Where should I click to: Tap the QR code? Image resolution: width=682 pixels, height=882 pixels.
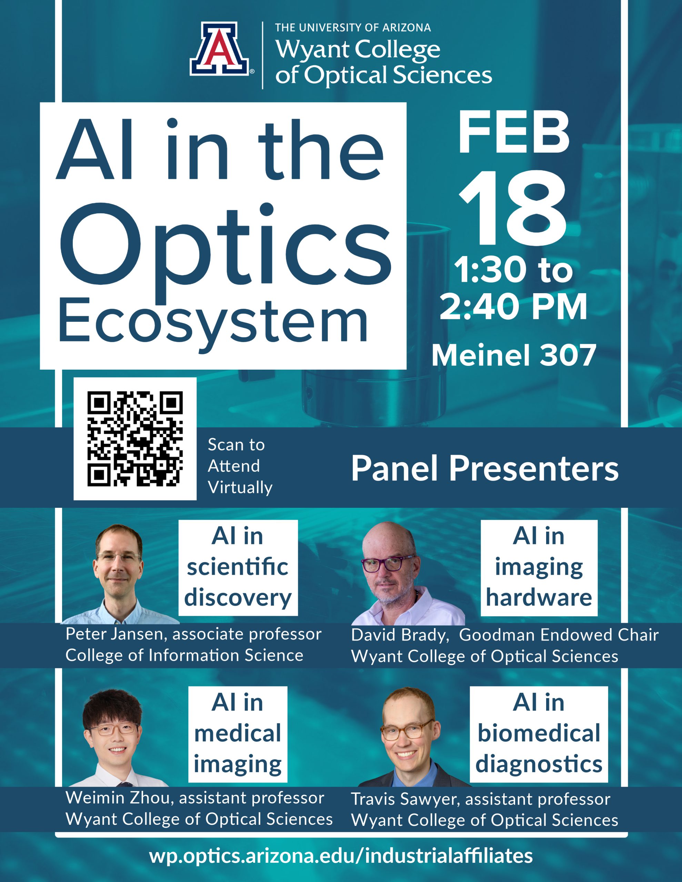135,439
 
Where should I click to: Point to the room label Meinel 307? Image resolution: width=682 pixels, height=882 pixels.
513,356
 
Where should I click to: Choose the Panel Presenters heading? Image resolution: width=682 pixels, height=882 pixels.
484,469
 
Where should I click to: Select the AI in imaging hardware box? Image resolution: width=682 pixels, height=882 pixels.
539,567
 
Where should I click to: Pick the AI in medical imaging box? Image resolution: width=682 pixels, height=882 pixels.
238,734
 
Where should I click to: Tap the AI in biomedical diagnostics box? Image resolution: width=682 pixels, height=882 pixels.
539,734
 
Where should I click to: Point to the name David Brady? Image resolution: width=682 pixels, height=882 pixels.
399,635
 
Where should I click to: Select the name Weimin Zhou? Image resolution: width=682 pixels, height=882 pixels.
118,798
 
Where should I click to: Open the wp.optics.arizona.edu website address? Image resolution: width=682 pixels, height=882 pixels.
341,856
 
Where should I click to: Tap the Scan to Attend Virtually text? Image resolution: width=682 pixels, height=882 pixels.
239,466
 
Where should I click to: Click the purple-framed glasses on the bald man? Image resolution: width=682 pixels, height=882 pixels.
382,564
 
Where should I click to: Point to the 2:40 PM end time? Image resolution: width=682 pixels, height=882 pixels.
513,307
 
